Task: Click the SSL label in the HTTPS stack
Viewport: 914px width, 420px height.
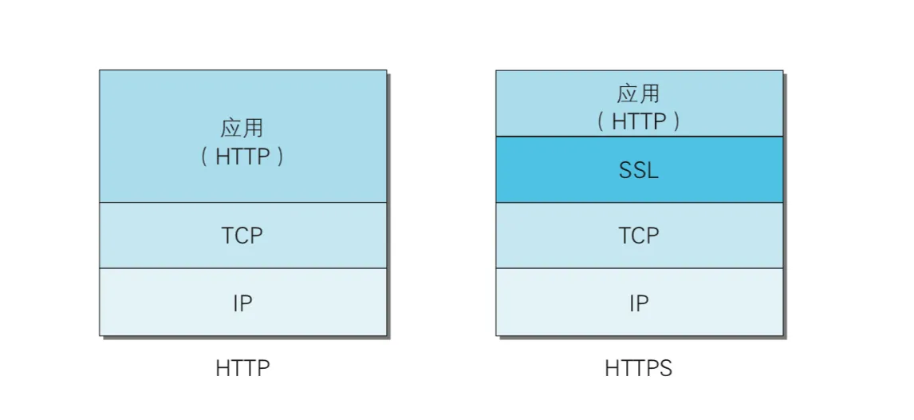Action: pyautogui.click(x=639, y=170)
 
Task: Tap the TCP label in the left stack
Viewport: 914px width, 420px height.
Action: pyautogui.click(x=242, y=236)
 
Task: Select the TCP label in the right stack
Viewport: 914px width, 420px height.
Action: pyautogui.click(x=639, y=236)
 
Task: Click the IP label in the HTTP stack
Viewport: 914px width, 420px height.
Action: pyautogui.click(x=242, y=303)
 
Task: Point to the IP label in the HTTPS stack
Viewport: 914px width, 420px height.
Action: pyautogui.click(x=639, y=303)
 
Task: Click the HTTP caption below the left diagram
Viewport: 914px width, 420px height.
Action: pyautogui.click(x=242, y=369)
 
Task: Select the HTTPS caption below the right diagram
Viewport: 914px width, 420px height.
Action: pyautogui.click(x=639, y=369)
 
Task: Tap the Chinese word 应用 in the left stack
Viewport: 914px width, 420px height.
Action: pyautogui.click(x=242, y=128)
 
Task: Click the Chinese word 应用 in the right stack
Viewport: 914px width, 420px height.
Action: pyautogui.click(x=639, y=93)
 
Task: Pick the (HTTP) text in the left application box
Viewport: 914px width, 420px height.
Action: pyautogui.click(x=242, y=157)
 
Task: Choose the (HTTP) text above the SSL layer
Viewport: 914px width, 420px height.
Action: pyautogui.click(x=639, y=121)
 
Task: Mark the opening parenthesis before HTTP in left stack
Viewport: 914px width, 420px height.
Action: pyautogui.click(x=204, y=157)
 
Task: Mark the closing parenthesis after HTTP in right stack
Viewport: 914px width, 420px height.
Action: pyautogui.click(x=676, y=121)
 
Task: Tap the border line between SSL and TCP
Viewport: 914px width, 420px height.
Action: pyautogui.click(x=558, y=203)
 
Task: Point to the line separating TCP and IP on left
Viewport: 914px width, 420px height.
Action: pyautogui.click(x=160, y=268)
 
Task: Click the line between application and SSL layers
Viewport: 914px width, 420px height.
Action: pyautogui.click(x=558, y=137)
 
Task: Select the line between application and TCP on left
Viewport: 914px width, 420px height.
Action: pyautogui.click(x=160, y=203)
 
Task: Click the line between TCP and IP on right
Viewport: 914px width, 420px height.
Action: pyautogui.click(x=558, y=268)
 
